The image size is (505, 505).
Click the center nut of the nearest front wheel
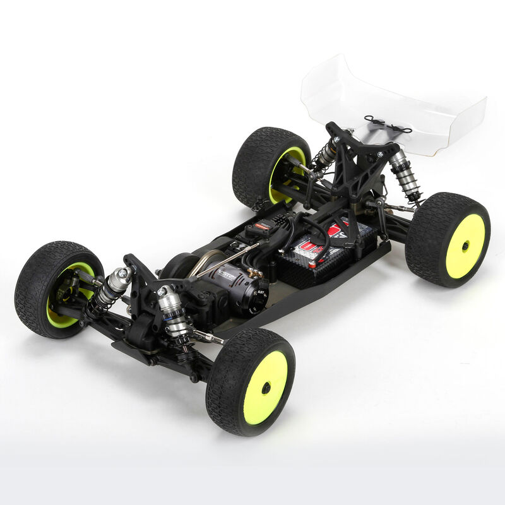point(266,386)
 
